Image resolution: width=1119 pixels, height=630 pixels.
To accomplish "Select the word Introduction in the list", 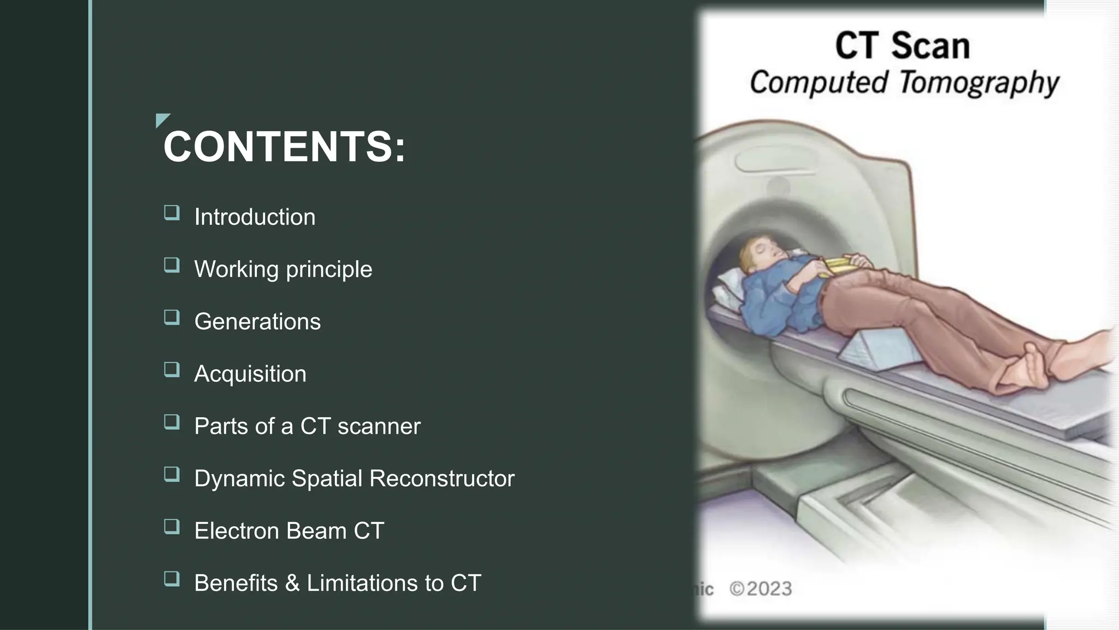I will (255, 217).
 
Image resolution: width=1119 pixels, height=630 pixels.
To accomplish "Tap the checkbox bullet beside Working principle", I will (172, 265).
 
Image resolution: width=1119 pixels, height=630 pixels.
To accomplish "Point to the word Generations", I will (257, 322).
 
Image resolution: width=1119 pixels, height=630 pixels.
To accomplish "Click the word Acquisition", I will (250, 374).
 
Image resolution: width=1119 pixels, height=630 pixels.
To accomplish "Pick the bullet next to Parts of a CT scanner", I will (172, 422).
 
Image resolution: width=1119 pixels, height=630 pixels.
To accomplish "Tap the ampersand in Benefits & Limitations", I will (292, 583).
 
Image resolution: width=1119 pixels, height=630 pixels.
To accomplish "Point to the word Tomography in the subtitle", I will (979, 83).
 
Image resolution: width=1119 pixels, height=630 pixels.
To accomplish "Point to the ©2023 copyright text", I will (761, 589).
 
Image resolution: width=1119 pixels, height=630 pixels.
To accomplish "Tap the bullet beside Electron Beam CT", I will (172, 527).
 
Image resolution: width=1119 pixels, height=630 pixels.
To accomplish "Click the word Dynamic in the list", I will (240, 479).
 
